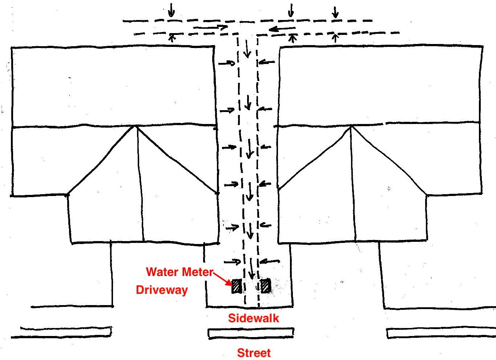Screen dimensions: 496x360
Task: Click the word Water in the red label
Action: point(162,272)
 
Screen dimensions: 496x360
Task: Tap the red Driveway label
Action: point(162,290)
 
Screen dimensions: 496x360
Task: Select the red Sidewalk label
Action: point(254,318)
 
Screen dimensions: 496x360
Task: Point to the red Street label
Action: point(254,353)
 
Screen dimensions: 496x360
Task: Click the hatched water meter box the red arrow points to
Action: point(236,286)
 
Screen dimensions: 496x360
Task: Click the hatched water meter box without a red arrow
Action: point(265,286)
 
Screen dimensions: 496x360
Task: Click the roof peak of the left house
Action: point(136,126)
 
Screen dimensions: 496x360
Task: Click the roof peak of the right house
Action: point(351,126)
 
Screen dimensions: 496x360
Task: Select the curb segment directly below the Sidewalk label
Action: point(251,333)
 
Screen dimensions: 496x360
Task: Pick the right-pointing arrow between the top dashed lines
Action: point(210,28)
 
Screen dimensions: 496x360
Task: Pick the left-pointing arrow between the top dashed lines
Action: point(282,29)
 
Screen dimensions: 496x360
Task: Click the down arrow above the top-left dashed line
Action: point(171,10)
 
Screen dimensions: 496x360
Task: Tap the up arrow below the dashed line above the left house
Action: point(172,38)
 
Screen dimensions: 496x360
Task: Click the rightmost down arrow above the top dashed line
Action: point(335,12)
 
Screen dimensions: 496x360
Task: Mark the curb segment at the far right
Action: point(441,333)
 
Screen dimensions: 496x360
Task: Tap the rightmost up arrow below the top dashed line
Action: point(335,38)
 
